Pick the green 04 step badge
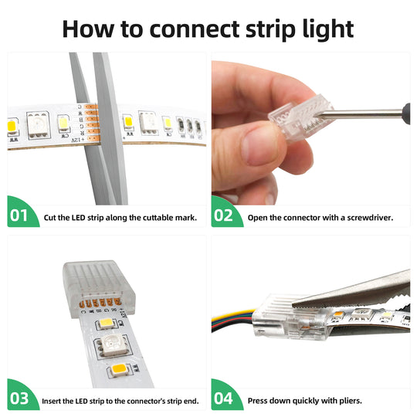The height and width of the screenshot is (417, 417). [225, 399]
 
